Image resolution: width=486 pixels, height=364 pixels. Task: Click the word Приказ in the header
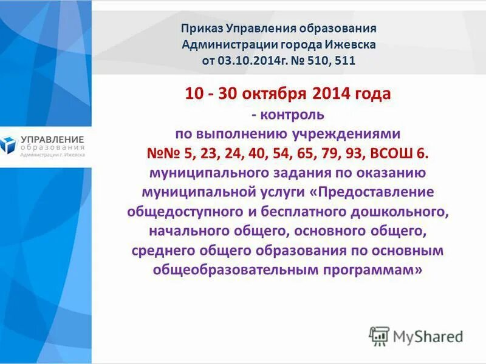point(203,29)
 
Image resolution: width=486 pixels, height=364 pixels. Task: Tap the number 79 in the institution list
point(323,153)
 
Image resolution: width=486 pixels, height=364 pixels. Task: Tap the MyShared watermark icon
point(379,335)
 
